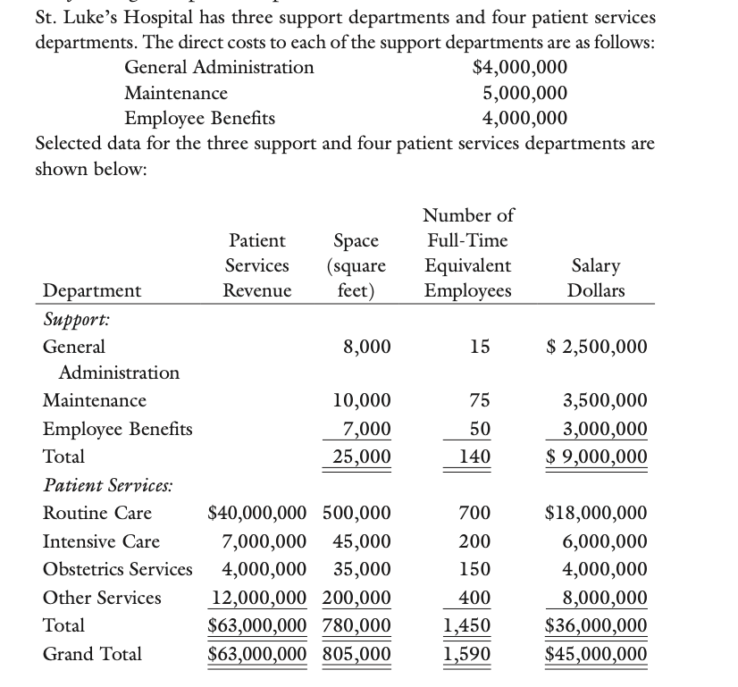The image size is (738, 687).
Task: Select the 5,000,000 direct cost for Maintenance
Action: (524, 93)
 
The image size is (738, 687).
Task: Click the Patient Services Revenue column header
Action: (257, 265)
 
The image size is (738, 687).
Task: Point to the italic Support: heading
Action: (75, 318)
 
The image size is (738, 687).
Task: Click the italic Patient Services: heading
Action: (109, 485)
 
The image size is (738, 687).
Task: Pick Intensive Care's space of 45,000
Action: (361, 541)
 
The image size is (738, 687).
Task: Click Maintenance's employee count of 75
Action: (479, 401)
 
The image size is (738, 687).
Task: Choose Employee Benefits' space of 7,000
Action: (367, 430)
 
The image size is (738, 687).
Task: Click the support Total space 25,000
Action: (361, 457)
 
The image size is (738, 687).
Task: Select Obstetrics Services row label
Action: (118, 569)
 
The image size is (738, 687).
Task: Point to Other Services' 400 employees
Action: (474, 598)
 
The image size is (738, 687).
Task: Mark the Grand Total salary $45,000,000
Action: (596, 655)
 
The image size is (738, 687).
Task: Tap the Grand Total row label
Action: (92, 654)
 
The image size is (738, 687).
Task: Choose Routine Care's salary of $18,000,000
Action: (596, 514)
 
